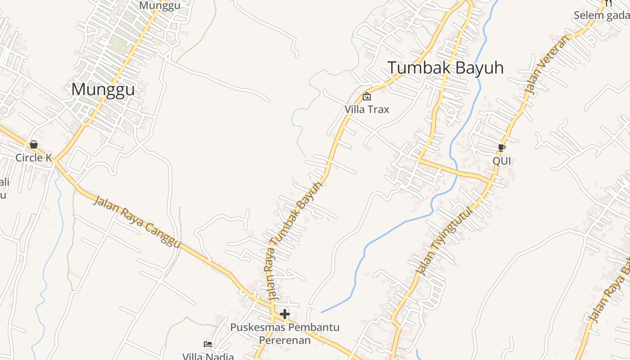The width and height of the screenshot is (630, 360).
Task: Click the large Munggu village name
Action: pos(103,90)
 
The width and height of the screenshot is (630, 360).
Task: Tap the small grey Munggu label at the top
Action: pos(160,5)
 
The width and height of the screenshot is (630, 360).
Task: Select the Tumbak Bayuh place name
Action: pos(445,68)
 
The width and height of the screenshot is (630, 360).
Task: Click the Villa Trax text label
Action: pos(367,109)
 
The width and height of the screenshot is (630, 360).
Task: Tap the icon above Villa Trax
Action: pos(367,96)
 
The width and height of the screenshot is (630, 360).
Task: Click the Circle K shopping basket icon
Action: pos(34,144)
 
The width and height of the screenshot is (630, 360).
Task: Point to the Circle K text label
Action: pos(34,158)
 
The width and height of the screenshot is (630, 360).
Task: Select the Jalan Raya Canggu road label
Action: pos(137,221)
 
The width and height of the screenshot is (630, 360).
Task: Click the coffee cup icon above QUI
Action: pos(502,148)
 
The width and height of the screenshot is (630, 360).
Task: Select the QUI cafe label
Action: pos(502,161)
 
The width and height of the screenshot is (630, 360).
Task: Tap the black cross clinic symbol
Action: pos(285,314)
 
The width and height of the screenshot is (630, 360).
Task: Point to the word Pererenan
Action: pos(285,340)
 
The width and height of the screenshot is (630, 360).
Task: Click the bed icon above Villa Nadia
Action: pos(208,344)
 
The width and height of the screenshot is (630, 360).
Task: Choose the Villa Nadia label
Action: pos(208,356)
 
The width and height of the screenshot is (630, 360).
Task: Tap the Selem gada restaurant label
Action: pos(602,16)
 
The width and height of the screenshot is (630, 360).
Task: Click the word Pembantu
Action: pos(313,327)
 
